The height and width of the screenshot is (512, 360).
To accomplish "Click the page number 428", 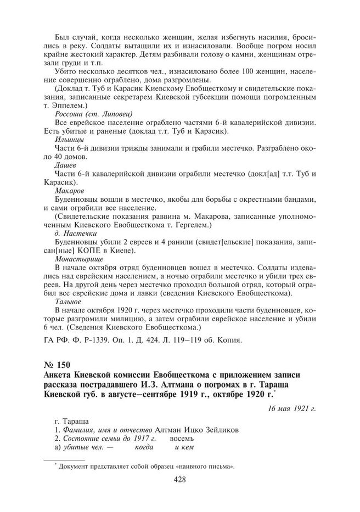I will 179,480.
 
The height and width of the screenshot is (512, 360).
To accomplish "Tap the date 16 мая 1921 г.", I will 291,408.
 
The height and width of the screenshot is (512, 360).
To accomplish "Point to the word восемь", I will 182,440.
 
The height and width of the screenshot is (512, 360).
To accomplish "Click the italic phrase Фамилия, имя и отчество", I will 108,431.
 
